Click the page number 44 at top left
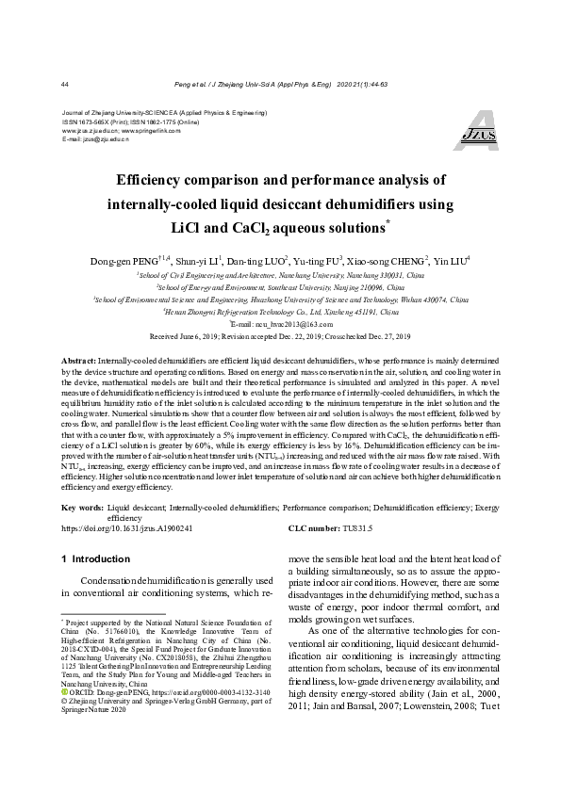[64, 84]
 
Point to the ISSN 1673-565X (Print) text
[97, 121]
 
